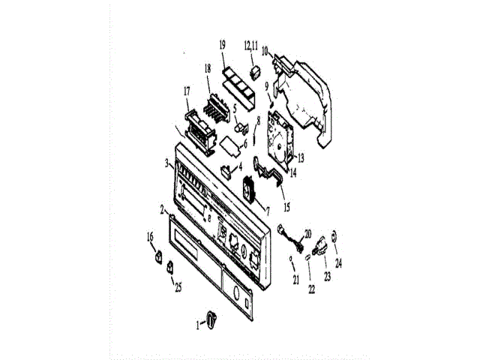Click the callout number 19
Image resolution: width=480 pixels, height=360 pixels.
tap(222, 46)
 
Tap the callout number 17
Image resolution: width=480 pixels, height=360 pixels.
tap(187, 92)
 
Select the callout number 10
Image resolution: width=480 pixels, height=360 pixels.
tap(265, 52)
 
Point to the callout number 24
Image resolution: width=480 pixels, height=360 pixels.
tap(338, 263)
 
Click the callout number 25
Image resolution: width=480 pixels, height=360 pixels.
tap(178, 286)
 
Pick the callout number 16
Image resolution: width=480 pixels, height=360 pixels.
tap(150, 237)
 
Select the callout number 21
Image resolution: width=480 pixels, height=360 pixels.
tap(296, 281)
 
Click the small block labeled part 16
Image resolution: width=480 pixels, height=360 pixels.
tap(157, 256)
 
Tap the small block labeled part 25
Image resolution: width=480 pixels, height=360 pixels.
tap(171, 266)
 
